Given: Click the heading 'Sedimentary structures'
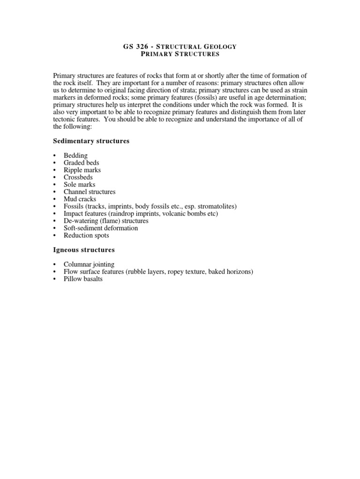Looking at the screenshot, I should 91,141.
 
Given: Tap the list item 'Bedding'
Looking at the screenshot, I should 75,155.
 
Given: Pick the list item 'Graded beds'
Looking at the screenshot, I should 82,163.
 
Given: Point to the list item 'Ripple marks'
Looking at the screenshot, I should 82,170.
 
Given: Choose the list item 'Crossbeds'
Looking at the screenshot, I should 78,177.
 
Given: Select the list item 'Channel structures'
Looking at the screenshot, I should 90,192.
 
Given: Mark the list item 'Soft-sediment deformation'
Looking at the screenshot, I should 101,228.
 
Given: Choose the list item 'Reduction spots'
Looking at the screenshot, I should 86,235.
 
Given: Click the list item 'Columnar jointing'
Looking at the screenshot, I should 89,264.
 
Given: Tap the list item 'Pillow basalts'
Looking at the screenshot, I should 83,279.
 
